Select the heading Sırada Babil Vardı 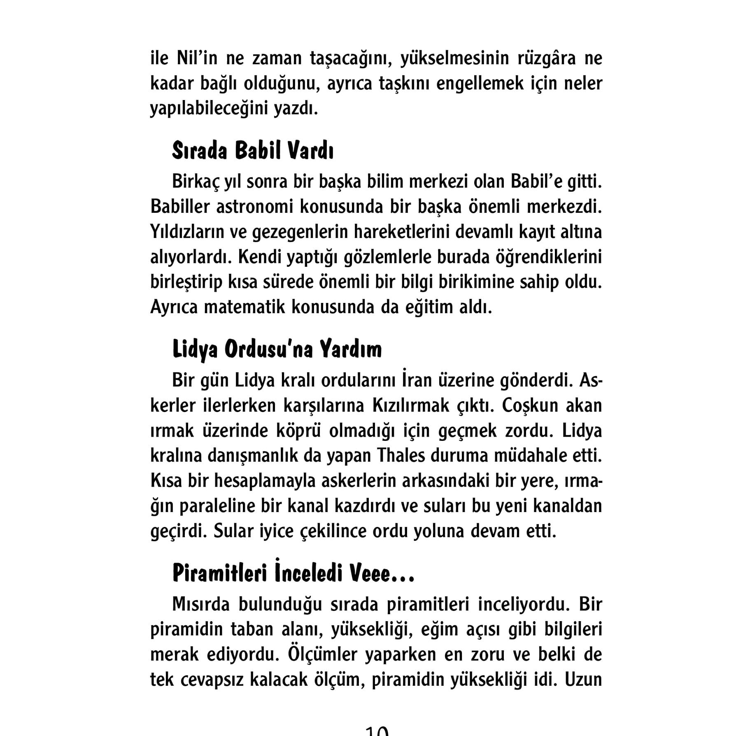(252, 151)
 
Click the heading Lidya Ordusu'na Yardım (277, 350)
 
